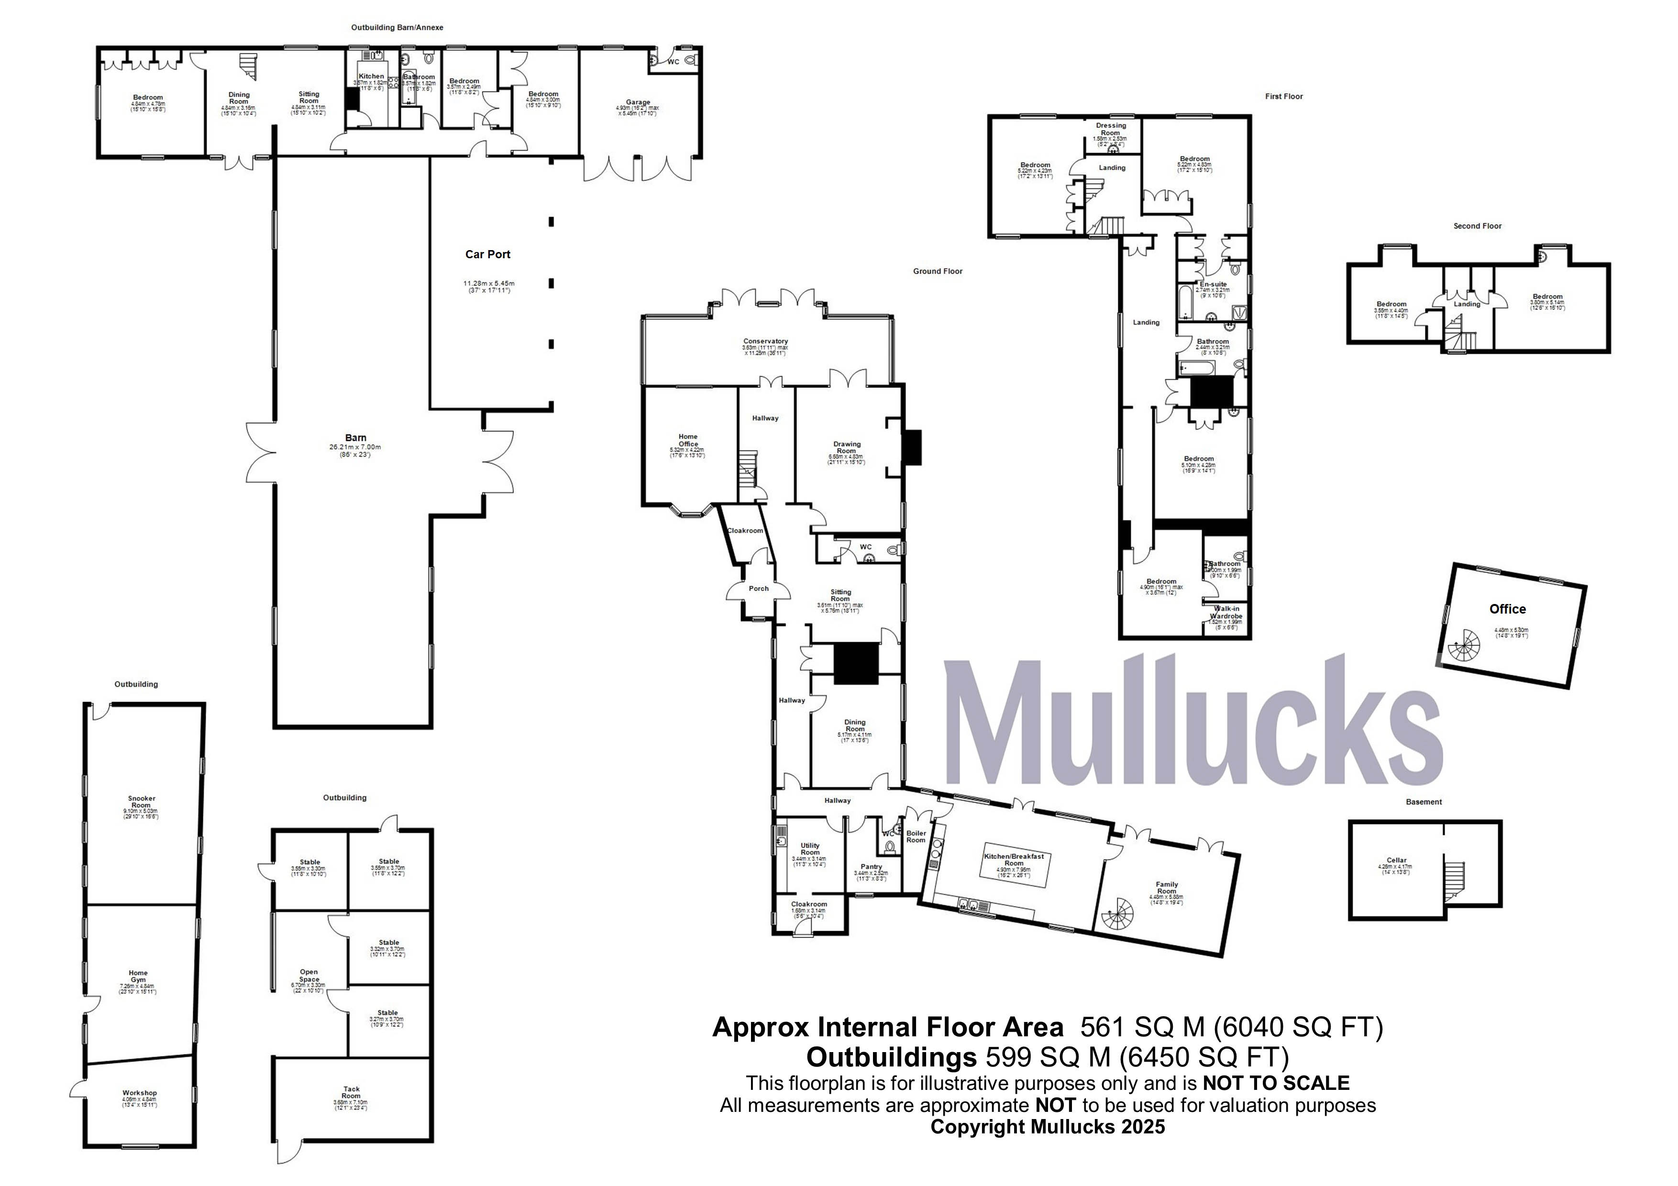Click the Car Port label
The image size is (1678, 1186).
pos(487,254)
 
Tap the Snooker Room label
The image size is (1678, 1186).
pos(141,802)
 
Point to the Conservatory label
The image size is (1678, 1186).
pos(765,341)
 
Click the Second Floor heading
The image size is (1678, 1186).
pos(1477,226)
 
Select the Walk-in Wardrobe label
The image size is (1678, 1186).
pos(1225,612)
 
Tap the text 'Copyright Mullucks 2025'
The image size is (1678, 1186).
pos(1047,1126)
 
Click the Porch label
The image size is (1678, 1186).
pos(759,588)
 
